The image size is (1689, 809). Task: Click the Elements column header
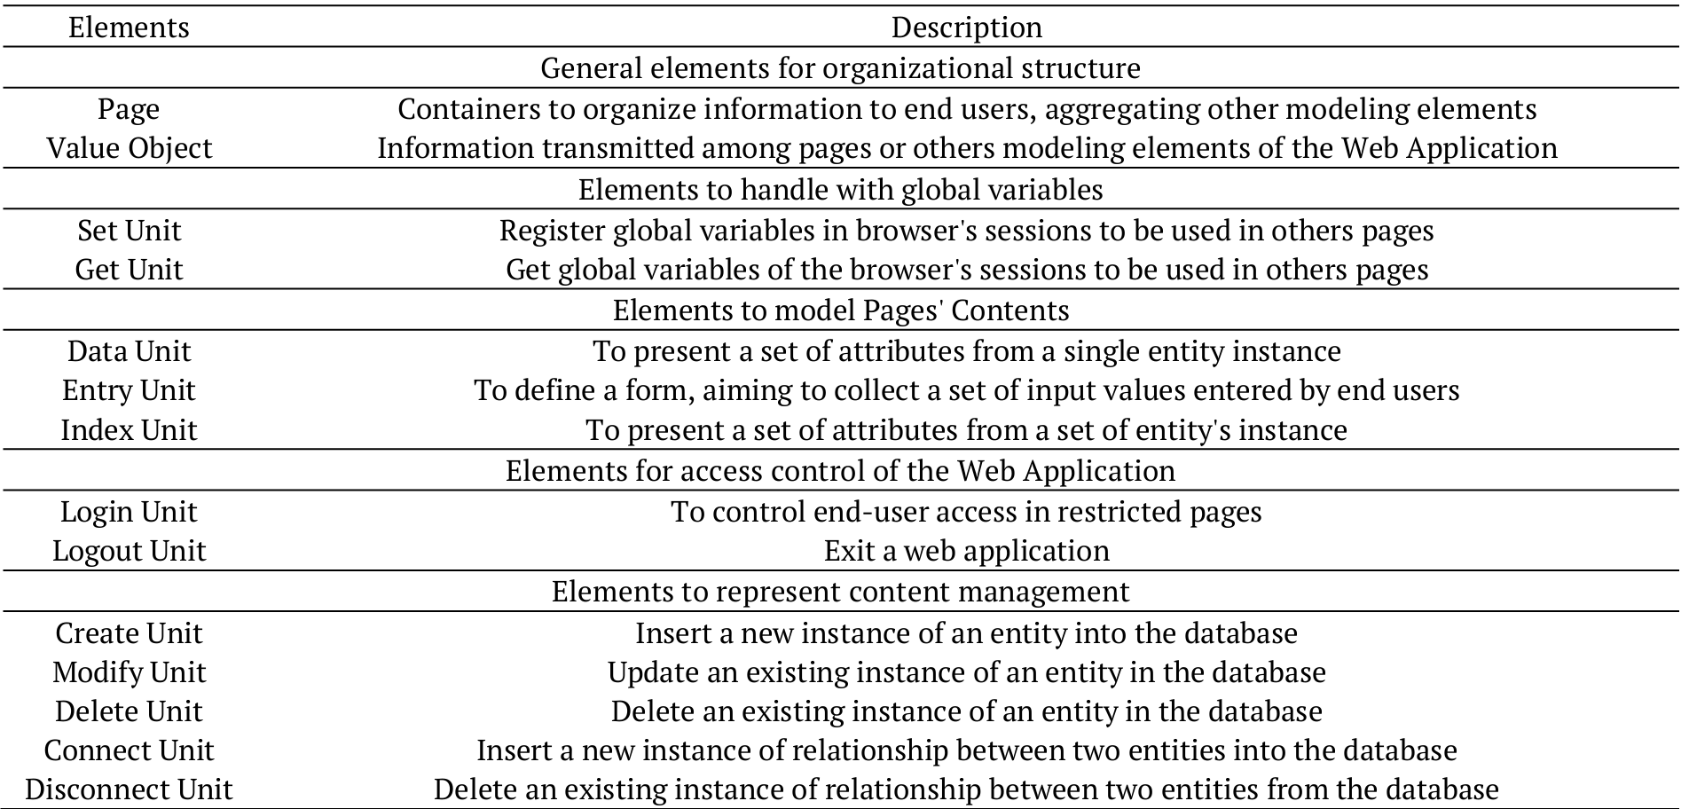click(x=129, y=27)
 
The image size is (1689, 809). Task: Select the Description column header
click(x=966, y=27)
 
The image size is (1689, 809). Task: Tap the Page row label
click(x=129, y=109)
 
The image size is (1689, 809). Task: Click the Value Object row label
click(x=129, y=148)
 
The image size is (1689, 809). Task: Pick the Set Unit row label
click(x=129, y=231)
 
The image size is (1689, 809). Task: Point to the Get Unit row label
click(x=129, y=270)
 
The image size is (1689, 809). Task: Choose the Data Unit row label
click(x=129, y=351)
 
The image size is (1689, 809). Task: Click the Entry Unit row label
click(x=129, y=390)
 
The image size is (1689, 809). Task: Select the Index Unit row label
click(x=129, y=430)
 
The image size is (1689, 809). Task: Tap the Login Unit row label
click(x=129, y=512)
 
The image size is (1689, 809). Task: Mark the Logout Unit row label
click(x=129, y=551)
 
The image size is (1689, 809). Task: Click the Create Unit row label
click(x=129, y=633)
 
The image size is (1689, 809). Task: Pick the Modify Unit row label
click(x=129, y=672)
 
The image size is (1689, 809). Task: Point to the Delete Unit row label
click(x=129, y=711)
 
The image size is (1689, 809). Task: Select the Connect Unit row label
click(x=129, y=750)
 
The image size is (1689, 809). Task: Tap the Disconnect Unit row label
click(x=129, y=789)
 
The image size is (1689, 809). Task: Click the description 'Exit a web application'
click(x=966, y=551)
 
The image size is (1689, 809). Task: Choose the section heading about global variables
click(x=840, y=190)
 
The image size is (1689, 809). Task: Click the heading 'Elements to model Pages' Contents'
click(x=840, y=310)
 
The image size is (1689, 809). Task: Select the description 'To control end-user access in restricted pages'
click(x=966, y=512)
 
